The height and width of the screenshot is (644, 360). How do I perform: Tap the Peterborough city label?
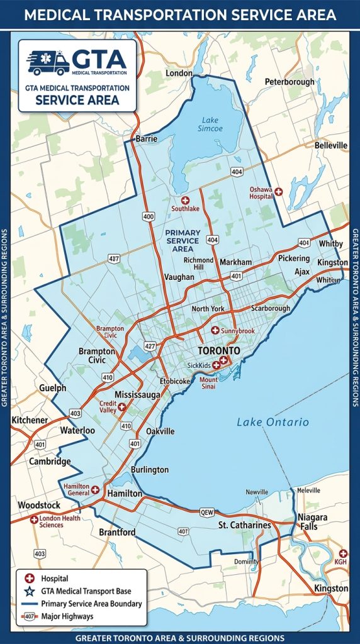[289, 82]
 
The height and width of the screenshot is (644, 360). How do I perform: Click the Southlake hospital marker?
[185, 199]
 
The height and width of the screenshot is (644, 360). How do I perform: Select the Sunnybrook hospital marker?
[214, 330]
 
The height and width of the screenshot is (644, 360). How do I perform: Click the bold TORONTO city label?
[218, 350]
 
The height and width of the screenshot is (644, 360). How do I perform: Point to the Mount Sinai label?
[208, 383]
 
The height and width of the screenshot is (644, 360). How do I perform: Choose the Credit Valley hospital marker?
[121, 407]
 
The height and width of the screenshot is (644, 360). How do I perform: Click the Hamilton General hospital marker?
[95, 489]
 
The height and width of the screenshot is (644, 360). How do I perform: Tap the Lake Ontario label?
[273, 422]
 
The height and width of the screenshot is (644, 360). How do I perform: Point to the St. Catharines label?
[244, 525]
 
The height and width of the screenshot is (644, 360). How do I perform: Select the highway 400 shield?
[149, 216]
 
